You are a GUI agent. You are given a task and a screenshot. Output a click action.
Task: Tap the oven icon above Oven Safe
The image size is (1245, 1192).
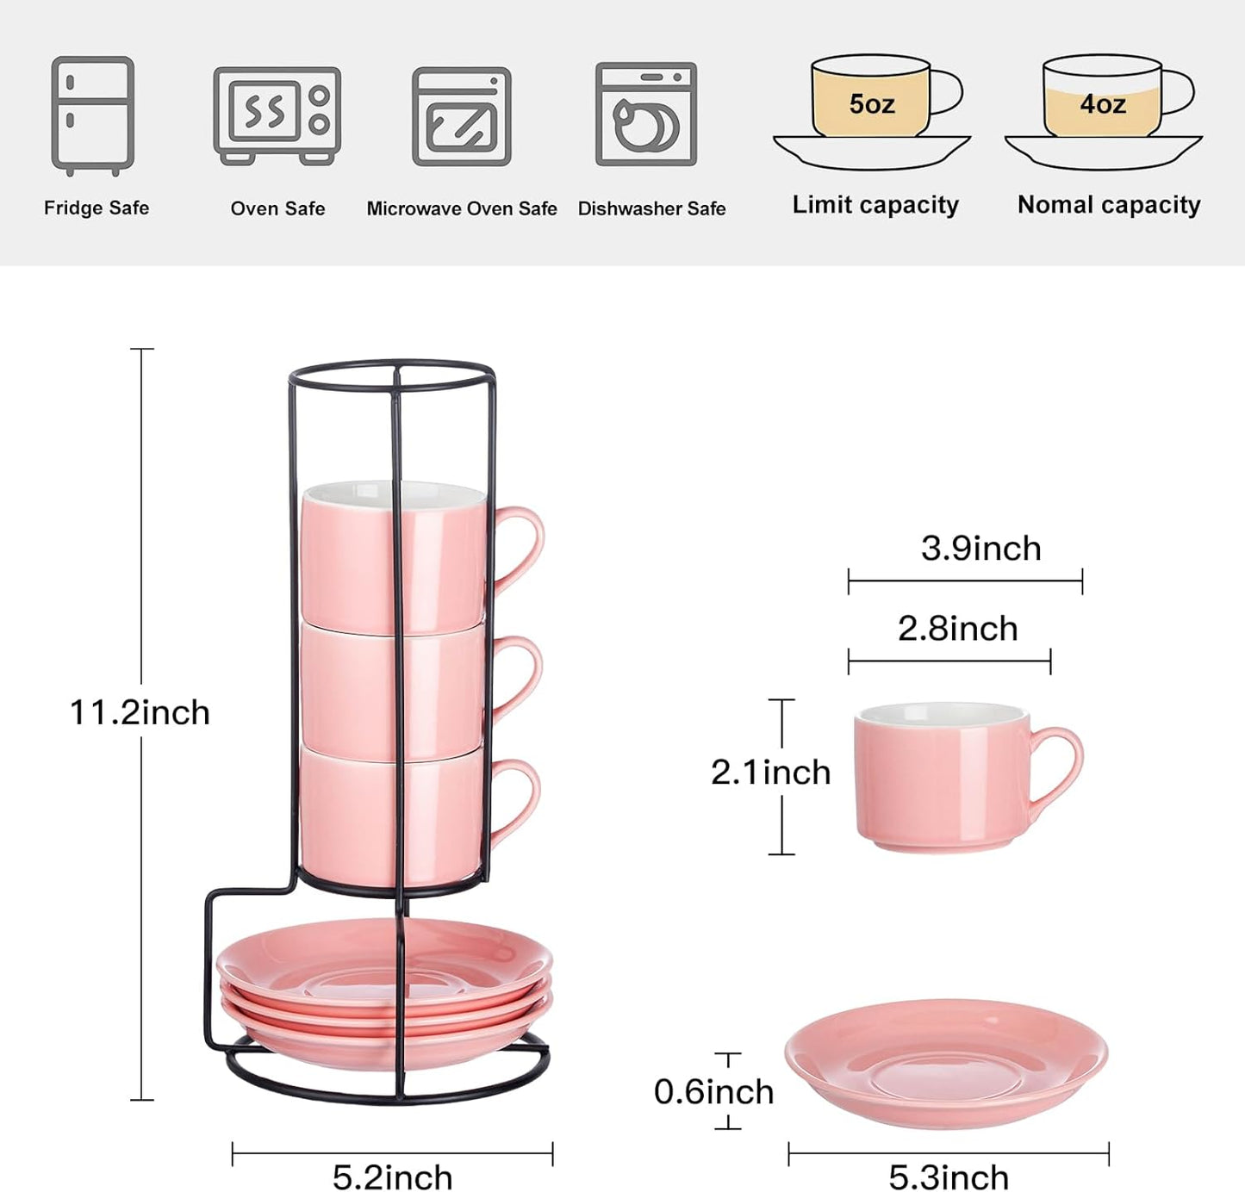point(277,115)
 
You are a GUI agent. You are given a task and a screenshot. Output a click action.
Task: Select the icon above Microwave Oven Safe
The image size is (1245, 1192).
point(462,116)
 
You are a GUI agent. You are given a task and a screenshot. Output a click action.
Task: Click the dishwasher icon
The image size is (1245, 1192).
point(646,114)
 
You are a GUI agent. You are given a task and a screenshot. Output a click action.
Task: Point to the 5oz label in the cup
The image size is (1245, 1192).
point(871,104)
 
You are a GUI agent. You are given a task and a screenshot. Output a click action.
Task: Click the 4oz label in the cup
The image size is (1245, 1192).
point(1103,104)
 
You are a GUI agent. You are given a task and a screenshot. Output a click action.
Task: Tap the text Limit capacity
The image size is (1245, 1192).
point(875,205)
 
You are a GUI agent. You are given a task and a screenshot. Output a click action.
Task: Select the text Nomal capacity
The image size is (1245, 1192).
point(1109,205)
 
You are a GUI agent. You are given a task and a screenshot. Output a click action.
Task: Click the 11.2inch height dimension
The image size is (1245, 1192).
point(140,713)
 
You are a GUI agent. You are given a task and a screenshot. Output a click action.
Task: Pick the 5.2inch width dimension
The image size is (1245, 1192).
point(392,1176)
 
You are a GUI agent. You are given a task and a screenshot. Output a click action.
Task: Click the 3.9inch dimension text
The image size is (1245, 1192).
point(980,549)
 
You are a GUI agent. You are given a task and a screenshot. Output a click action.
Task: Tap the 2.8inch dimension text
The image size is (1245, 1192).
point(957,629)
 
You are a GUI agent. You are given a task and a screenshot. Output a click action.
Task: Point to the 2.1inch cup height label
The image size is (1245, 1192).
point(770,773)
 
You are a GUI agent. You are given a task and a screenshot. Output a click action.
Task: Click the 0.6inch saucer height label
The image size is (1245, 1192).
point(713,1092)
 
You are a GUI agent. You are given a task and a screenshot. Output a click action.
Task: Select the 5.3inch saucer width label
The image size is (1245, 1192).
point(949,1176)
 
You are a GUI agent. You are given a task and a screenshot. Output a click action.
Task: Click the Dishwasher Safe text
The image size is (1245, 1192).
point(651,208)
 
